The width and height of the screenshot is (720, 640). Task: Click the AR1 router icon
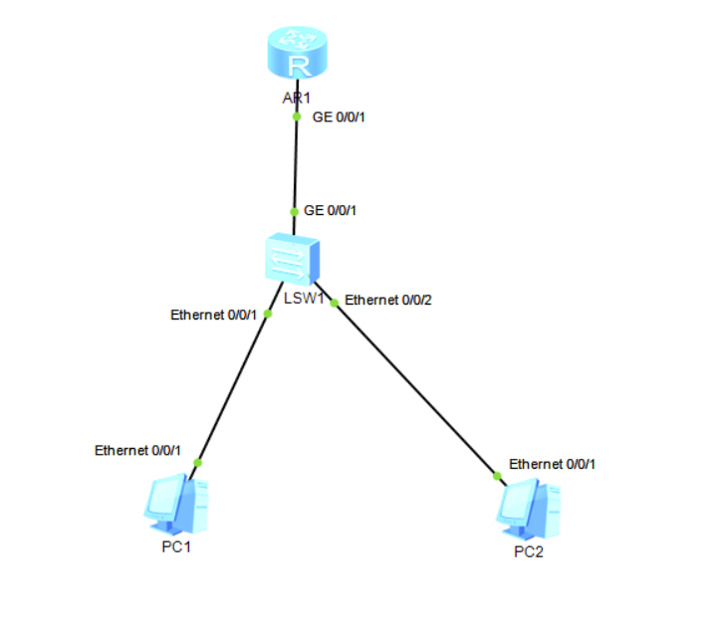(x=297, y=56)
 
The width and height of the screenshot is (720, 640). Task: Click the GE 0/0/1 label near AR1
(x=341, y=116)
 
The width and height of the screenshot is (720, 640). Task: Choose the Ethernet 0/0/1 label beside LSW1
(x=214, y=316)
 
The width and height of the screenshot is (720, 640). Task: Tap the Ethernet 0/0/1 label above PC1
(x=137, y=450)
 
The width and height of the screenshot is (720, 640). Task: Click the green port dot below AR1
(x=297, y=116)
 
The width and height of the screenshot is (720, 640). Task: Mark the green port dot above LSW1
(x=294, y=211)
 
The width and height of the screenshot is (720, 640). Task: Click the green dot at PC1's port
(x=197, y=463)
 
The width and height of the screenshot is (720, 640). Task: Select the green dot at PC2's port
(x=498, y=476)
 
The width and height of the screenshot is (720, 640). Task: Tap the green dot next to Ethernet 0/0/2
(x=335, y=301)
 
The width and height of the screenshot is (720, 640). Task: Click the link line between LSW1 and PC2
(x=416, y=388)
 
